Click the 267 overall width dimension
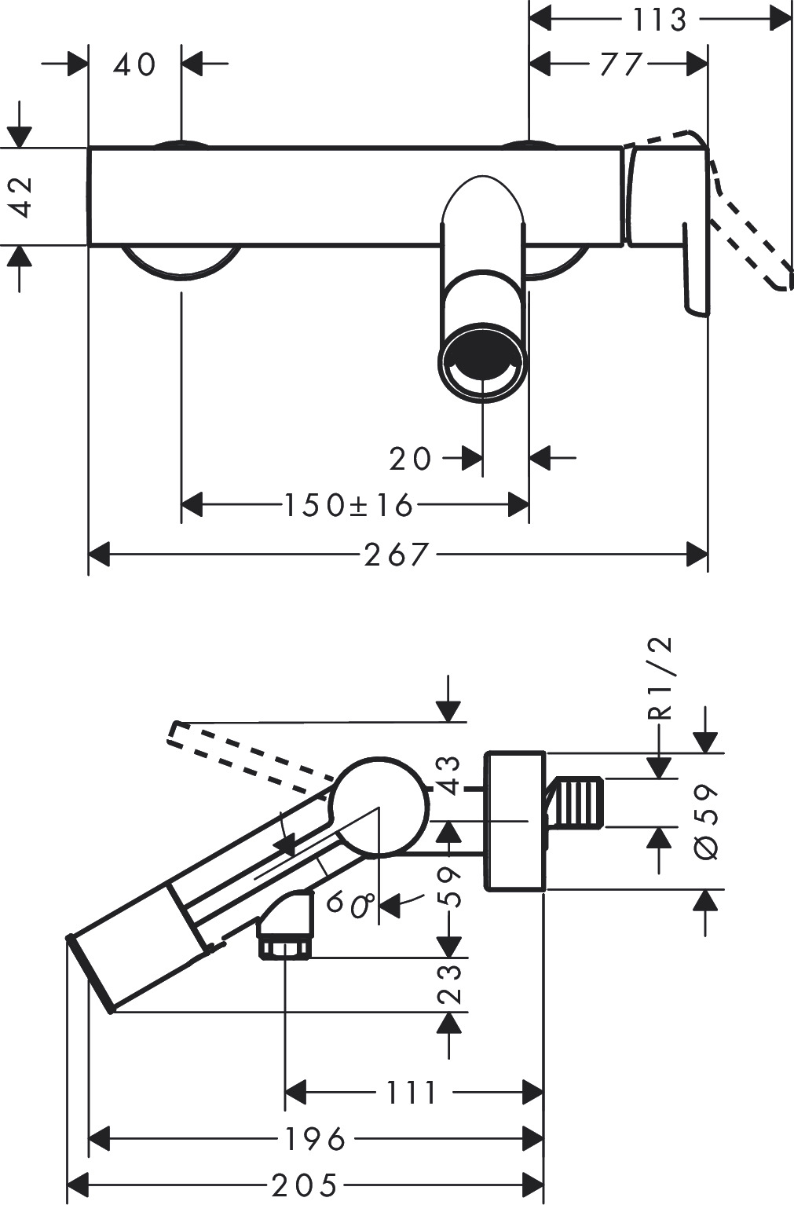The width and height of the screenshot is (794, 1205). click(x=397, y=555)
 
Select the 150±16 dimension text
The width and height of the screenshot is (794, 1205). click(x=348, y=505)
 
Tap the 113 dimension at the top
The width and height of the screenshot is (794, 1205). click(x=660, y=20)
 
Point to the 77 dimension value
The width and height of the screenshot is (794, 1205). click(x=620, y=64)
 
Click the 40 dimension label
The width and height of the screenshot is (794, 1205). click(x=135, y=64)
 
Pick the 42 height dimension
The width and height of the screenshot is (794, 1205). click(x=23, y=196)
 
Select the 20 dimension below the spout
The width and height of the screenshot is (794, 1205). click(x=410, y=458)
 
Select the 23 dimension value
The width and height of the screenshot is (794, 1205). click(x=448, y=983)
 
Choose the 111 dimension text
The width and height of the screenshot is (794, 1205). click(x=412, y=1092)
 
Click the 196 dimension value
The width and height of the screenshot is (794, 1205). click(x=315, y=1137)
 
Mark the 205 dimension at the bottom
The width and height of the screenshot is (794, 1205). click(x=306, y=1184)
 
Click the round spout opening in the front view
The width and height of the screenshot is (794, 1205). click(x=482, y=363)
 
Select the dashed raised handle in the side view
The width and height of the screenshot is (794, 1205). click(x=251, y=753)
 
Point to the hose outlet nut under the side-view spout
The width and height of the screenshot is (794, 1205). click(x=285, y=947)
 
